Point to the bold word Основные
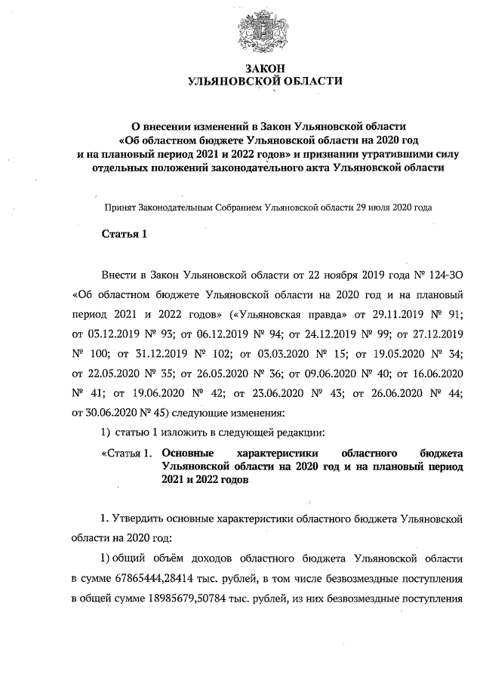click(x=188, y=453)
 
